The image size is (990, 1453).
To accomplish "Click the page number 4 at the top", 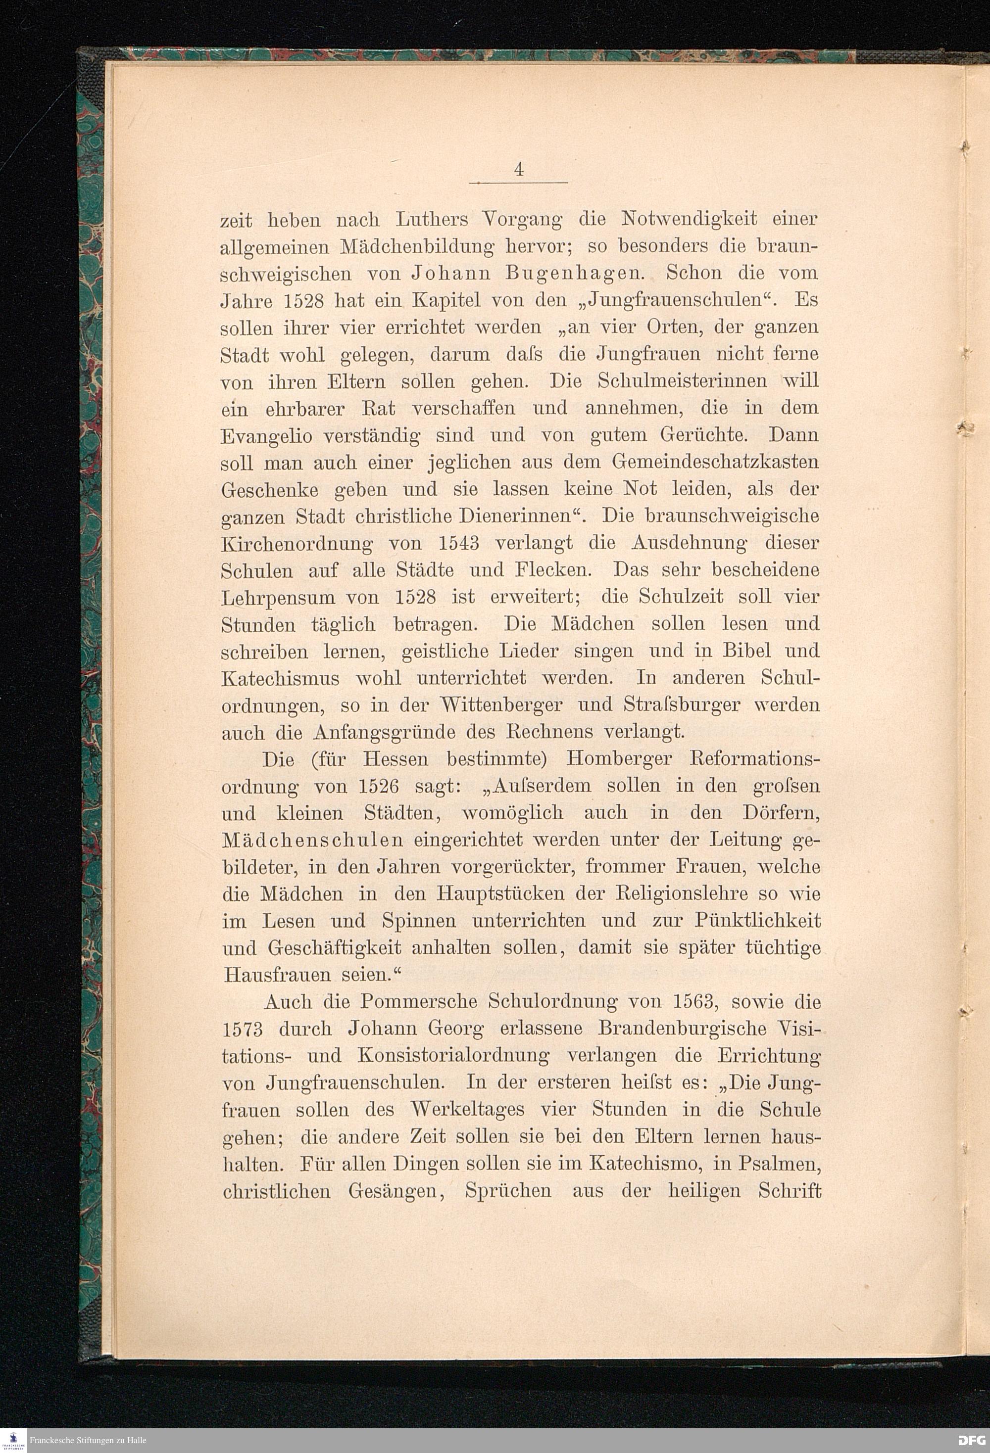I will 518,170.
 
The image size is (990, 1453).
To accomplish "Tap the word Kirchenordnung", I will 297,544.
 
